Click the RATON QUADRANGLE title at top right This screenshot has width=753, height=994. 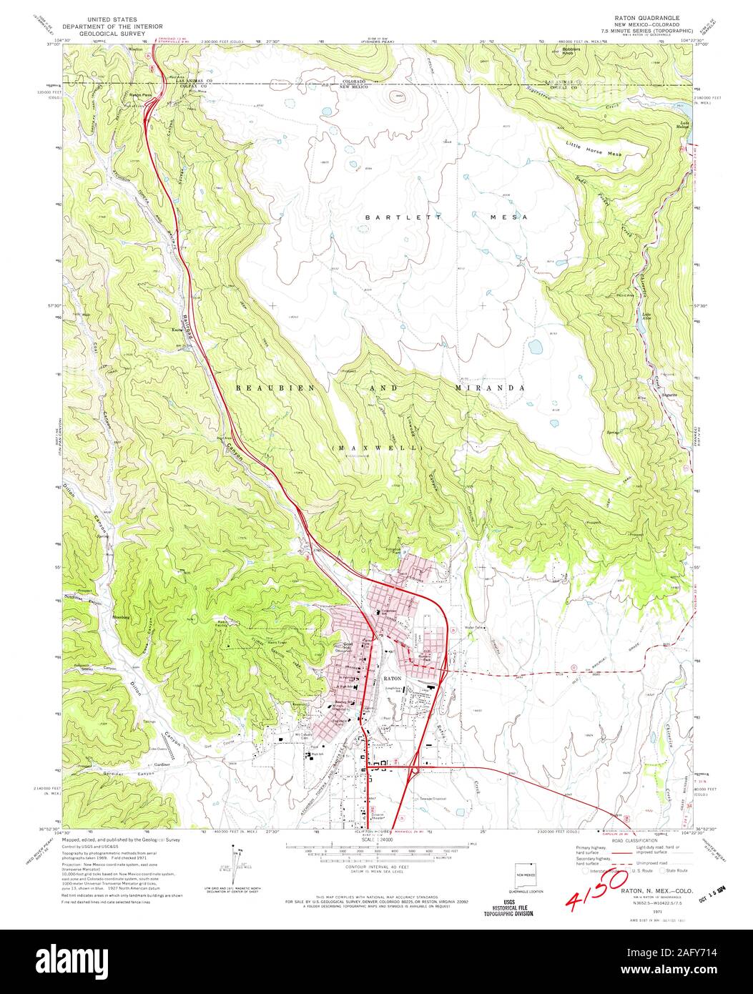642,16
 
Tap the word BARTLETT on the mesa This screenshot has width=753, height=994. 389,217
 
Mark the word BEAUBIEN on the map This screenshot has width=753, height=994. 265,387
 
